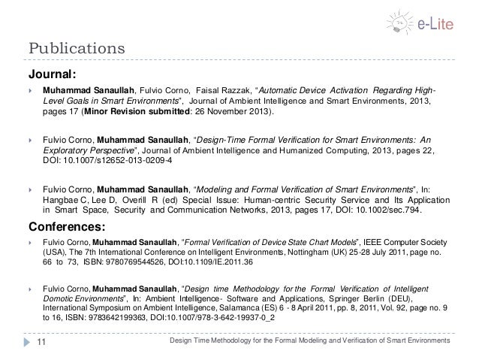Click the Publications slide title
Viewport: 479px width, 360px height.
76,50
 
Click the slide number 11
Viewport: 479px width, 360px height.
41,342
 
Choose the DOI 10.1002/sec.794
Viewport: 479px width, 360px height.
384,211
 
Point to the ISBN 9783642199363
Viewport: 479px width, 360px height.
98,319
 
